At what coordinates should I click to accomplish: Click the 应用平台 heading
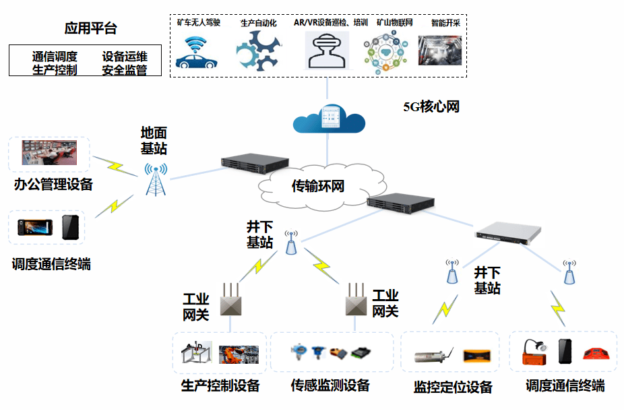click(91, 28)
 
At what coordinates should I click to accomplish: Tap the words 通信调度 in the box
click(55, 56)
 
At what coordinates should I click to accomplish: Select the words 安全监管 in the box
click(125, 70)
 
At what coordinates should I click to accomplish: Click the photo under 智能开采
click(439, 51)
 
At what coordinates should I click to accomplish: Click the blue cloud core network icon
click(328, 119)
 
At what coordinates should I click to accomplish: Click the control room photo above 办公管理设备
click(49, 154)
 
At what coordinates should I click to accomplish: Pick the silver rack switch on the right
click(506, 233)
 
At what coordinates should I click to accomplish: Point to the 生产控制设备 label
click(220, 385)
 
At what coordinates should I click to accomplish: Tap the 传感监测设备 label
click(330, 385)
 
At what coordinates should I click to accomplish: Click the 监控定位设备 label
click(453, 387)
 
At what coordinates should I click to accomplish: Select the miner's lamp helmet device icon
click(535, 352)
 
